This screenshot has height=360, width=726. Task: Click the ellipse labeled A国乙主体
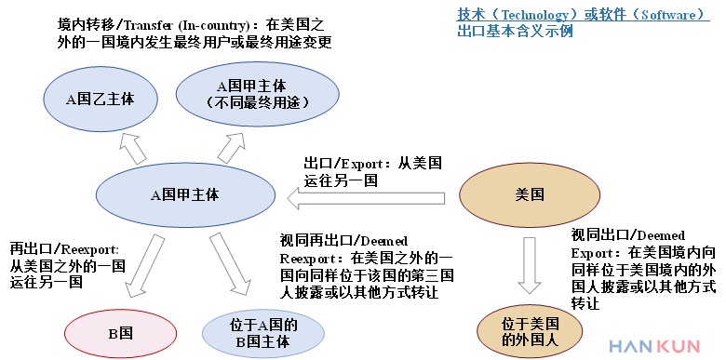coord(100,97)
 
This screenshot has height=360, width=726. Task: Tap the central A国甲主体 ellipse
coord(185,195)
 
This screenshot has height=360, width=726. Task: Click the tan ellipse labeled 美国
coord(530,195)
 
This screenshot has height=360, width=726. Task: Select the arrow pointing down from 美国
coord(530,265)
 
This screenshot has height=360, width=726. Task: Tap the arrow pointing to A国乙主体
coord(132,147)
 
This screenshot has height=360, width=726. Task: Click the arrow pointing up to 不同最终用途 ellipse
coord(234,147)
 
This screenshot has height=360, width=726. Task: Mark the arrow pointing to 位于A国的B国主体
coord(230,263)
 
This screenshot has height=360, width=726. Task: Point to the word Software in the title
coord(662,15)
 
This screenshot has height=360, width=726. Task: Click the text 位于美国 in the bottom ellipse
coord(531,324)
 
